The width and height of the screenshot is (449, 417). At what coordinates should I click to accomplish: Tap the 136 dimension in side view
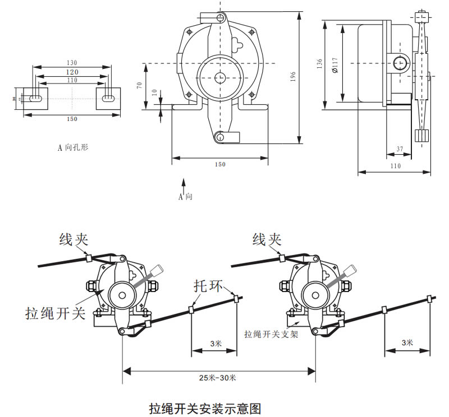(319, 63)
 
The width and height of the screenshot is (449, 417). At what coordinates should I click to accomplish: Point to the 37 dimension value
(400, 149)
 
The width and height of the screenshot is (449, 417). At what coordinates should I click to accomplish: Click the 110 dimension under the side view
(395, 166)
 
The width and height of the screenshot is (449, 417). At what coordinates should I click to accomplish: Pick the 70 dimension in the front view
(139, 85)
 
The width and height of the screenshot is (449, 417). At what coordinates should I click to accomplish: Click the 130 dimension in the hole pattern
(71, 62)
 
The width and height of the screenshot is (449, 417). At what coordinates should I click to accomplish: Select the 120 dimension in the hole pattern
(71, 72)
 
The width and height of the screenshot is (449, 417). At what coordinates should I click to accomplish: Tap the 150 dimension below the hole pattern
(72, 119)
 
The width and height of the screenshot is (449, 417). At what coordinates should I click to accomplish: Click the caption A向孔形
(74, 147)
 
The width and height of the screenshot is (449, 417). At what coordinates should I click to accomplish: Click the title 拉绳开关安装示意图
(205, 407)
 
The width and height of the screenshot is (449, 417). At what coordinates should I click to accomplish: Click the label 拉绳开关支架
(271, 334)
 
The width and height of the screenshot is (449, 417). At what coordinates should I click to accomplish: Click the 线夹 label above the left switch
(76, 240)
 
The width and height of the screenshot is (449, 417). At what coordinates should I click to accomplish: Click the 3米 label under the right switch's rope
(407, 342)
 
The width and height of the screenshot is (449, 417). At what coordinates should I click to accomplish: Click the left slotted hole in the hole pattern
(35, 98)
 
